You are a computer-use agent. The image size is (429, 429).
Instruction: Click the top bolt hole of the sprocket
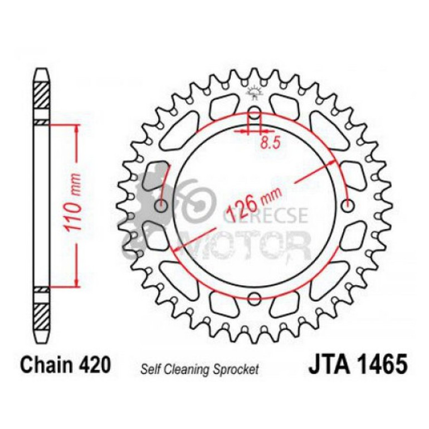(255, 111)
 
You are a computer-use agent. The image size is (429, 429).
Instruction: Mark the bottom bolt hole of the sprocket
(255, 296)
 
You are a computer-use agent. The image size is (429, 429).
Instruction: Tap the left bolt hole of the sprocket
(162, 205)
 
